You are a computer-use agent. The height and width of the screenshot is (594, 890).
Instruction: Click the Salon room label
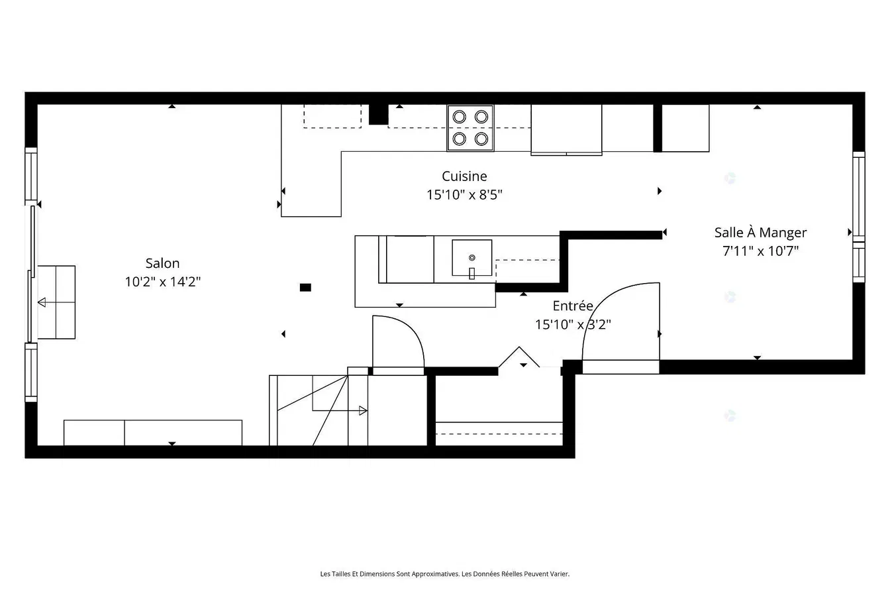162,263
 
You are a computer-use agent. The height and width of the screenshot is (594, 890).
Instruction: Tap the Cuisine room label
464,176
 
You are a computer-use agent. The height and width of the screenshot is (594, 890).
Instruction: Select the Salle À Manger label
760,233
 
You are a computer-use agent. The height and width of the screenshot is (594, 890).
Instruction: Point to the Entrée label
573,306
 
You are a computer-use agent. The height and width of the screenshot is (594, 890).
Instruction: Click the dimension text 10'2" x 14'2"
162,282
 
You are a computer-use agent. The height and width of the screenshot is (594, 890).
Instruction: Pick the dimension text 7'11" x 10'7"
760,251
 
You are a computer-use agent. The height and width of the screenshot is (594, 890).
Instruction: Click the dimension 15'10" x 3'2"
573,324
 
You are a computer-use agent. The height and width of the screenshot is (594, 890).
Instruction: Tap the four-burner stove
470,127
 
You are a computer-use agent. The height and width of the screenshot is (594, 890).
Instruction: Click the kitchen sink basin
471,258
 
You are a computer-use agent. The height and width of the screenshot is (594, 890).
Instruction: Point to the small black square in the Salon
305,287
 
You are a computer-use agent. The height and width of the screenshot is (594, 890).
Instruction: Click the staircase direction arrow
362,410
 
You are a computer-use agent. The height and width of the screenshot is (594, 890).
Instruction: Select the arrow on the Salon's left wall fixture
42,302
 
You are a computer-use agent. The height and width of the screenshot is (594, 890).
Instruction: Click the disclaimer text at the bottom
444,574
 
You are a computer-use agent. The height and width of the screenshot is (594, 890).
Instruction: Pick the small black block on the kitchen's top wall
378,114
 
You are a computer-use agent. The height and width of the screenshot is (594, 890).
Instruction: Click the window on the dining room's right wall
858,219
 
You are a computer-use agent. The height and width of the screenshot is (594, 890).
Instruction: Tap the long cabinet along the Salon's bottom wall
153,432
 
